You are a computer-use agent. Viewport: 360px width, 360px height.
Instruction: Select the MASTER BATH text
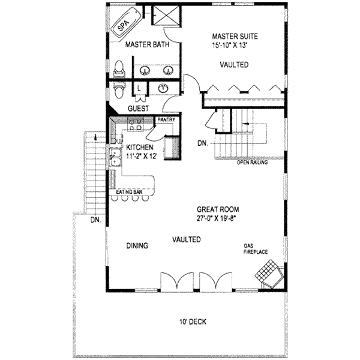click(x=147, y=45)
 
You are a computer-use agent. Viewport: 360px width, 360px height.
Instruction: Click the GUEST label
click(x=139, y=109)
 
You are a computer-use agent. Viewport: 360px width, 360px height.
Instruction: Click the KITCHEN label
click(x=140, y=147)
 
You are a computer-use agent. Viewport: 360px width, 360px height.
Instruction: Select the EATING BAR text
click(x=129, y=192)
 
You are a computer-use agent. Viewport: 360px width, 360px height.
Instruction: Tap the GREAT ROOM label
click(x=218, y=209)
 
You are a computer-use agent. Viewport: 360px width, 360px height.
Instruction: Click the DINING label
click(x=137, y=245)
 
